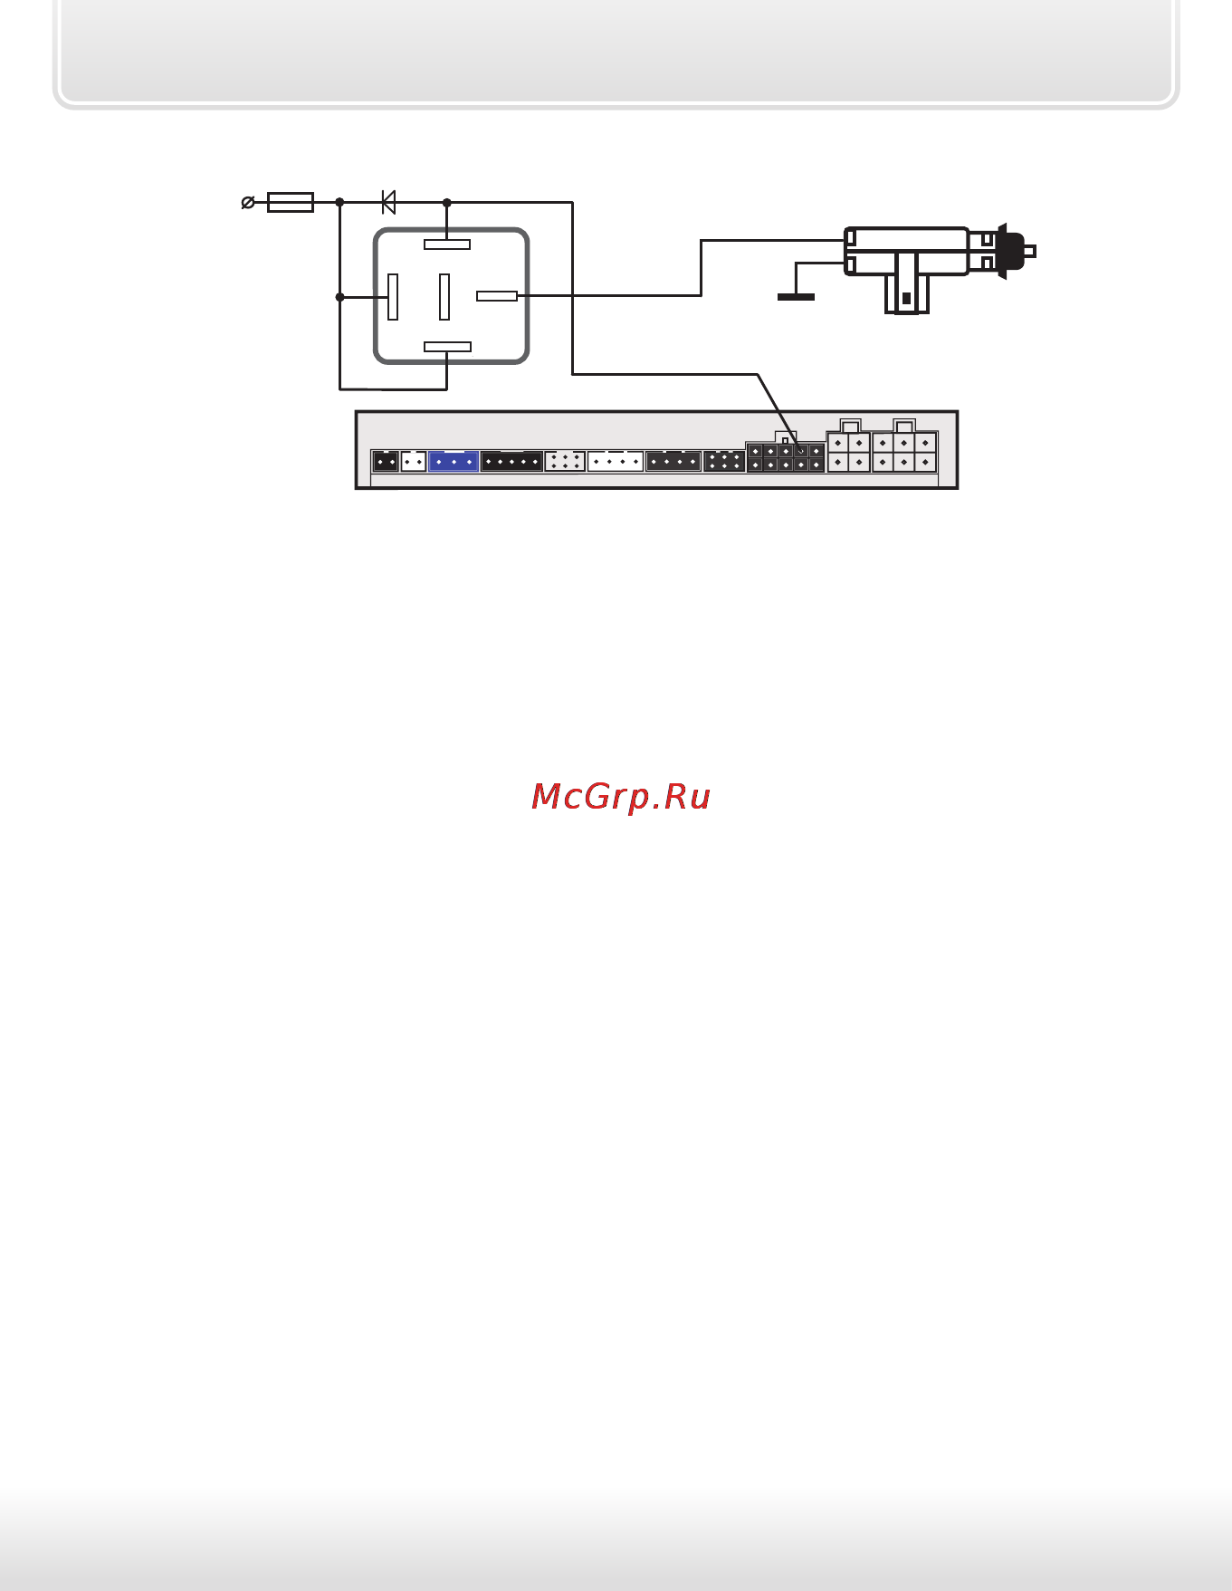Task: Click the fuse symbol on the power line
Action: tap(291, 203)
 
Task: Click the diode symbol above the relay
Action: tap(388, 202)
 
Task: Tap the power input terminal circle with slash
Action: tap(247, 203)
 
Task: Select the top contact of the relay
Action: tap(447, 244)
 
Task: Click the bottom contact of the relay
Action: tap(447, 347)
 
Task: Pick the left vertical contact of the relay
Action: tap(393, 297)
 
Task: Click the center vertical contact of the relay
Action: tap(444, 297)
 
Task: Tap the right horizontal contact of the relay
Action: tap(497, 296)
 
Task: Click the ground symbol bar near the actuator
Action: tap(796, 297)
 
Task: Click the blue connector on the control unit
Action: tap(454, 461)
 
